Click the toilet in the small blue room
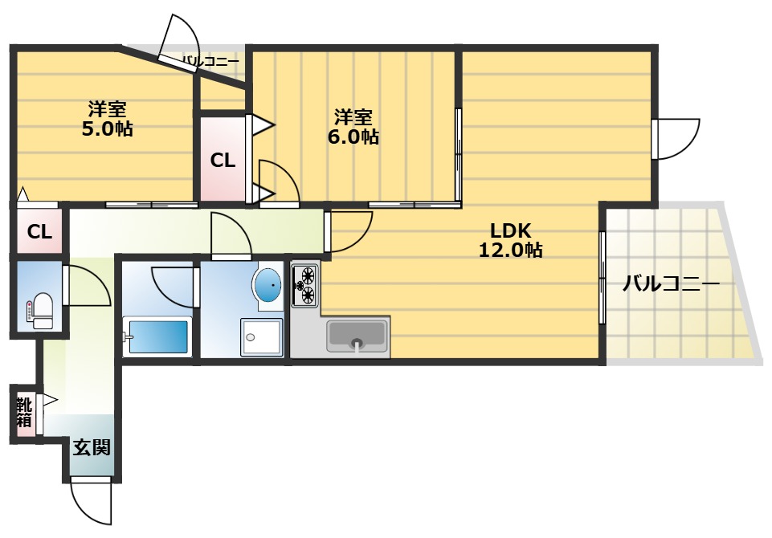(x=40, y=310)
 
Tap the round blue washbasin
(x=268, y=286)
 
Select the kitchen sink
(x=357, y=336)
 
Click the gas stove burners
(x=304, y=284)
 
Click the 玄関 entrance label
(x=92, y=447)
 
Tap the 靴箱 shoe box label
(x=25, y=413)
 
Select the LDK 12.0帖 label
(x=511, y=240)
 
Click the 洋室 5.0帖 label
(x=107, y=119)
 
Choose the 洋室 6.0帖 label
(x=353, y=127)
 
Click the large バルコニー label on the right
(x=671, y=284)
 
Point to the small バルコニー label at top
(x=210, y=62)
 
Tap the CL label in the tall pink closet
(x=223, y=161)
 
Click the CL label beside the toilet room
(x=39, y=231)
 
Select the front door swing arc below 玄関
(x=91, y=501)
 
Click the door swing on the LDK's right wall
(x=676, y=139)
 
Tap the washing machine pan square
(x=261, y=337)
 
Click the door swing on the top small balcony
(x=180, y=43)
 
